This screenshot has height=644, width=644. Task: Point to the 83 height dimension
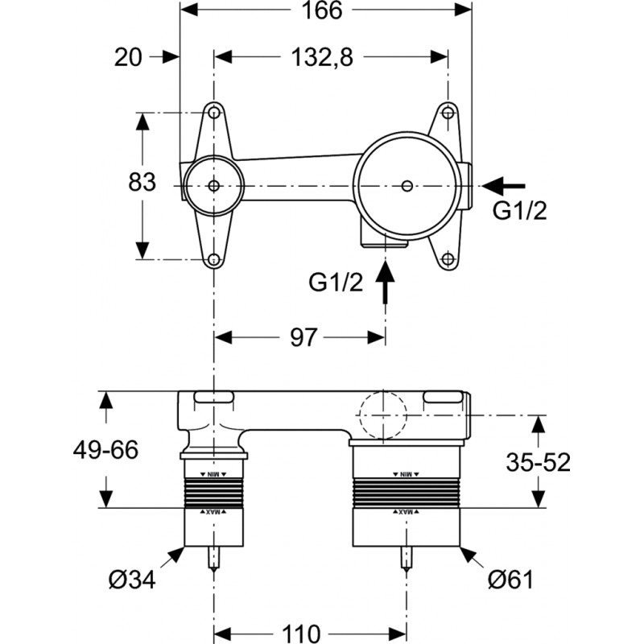coord(142,183)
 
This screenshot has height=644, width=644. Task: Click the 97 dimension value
coord(303,336)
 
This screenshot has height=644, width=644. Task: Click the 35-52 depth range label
coord(539,461)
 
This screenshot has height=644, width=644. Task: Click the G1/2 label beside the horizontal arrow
coord(520,212)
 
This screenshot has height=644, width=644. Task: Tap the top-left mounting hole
coord(214,113)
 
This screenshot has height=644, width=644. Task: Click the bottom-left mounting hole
coord(214,259)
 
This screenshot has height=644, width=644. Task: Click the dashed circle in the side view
coord(385,415)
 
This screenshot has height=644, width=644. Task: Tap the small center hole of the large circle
coord(407,187)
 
